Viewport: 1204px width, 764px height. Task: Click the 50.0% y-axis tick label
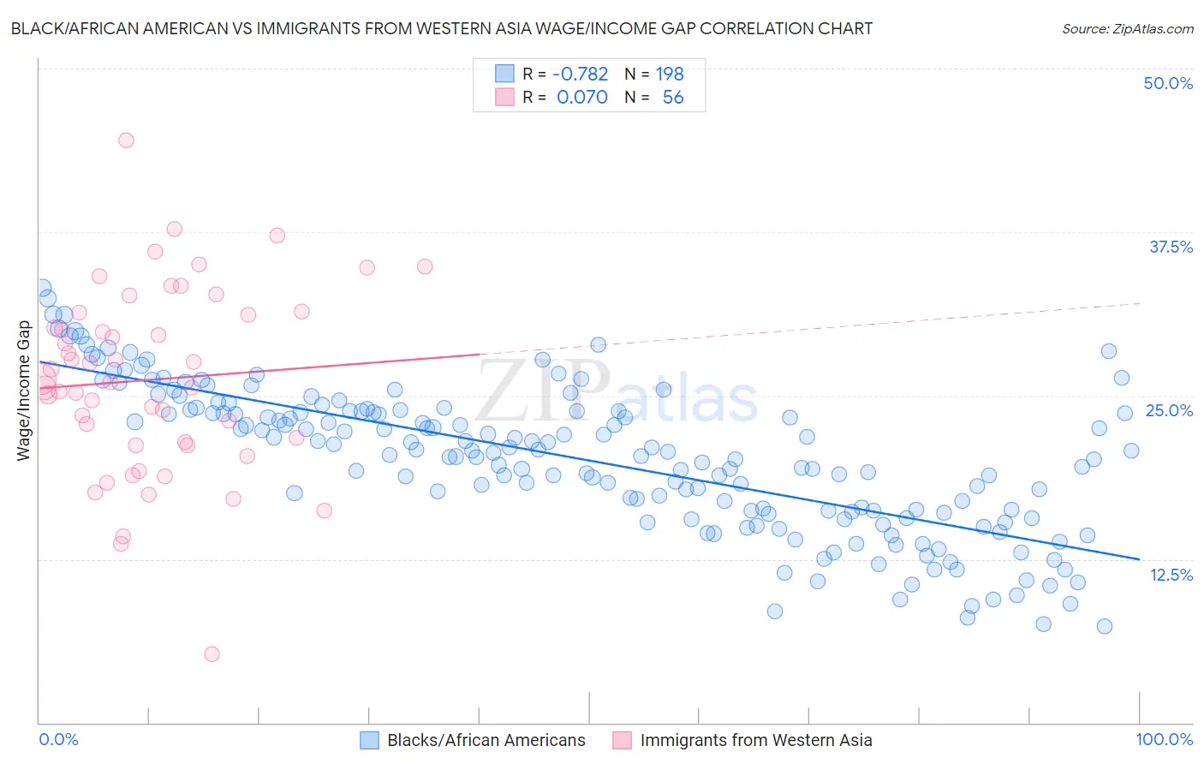pyautogui.click(x=1167, y=83)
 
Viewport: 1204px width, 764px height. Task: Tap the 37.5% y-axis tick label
pyautogui.click(x=1170, y=247)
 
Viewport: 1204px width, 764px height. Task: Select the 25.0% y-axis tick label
pyautogui.click(x=1169, y=410)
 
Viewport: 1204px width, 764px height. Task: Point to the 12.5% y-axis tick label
pyautogui.click(x=1171, y=574)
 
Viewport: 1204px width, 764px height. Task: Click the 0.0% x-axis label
pyautogui.click(x=58, y=739)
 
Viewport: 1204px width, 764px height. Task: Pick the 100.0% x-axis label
pyautogui.click(x=1164, y=739)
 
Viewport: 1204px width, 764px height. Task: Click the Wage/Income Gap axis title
pyautogui.click(x=23, y=391)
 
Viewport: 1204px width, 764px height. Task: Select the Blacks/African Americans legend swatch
pyautogui.click(x=369, y=740)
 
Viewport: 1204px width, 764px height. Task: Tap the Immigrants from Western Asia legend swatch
pyautogui.click(x=622, y=740)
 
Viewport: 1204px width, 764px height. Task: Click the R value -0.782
pyautogui.click(x=580, y=74)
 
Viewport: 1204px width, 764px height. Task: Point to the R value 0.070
pyautogui.click(x=581, y=97)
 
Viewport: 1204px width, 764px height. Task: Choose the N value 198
pyautogui.click(x=670, y=74)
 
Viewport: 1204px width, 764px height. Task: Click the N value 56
pyautogui.click(x=673, y=97)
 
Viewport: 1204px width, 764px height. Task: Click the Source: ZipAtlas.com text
pyautogui.click(x=1127, y=28)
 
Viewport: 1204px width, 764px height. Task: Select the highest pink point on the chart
pyautogui.click(x=126, y=140)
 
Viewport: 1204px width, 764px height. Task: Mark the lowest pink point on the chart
pyautogui.click(x=212, y=654)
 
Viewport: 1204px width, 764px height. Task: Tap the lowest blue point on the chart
pyautogui.click(x=1104, y=626)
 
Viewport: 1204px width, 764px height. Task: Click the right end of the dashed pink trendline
pyautogui.click(x=1141, y=303)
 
